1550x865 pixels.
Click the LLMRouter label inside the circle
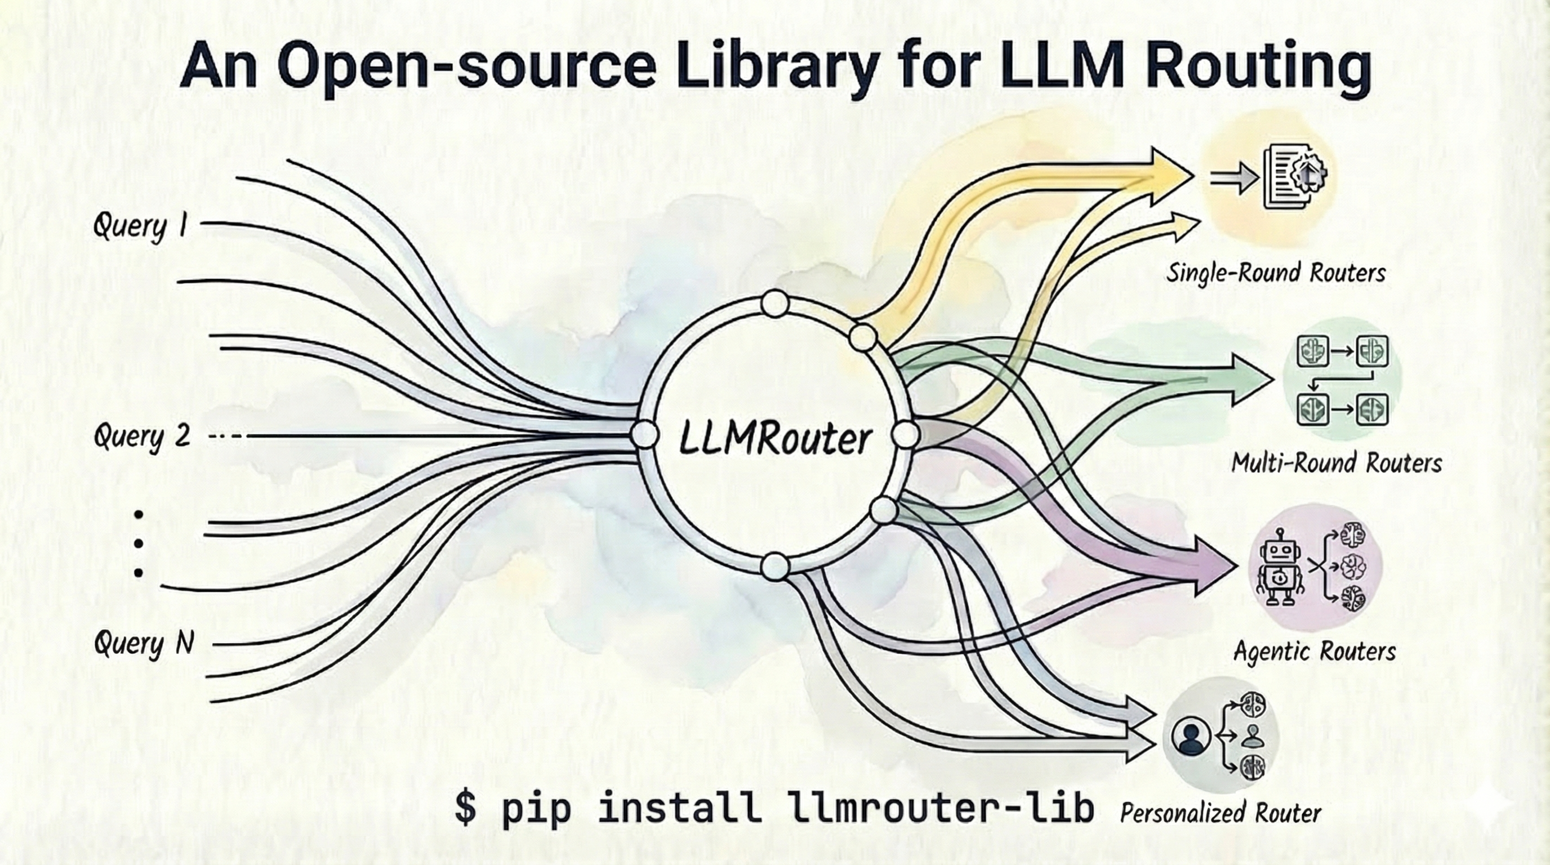click(x=774, y=440)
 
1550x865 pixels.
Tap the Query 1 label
click(x=141, y=226)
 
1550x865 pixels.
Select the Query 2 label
click(x=142, y=435)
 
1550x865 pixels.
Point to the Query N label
click(x=144, y=644)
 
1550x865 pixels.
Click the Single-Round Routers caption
click(x=1276, y=273)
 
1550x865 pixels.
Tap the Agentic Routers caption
click(x=1314, y=652)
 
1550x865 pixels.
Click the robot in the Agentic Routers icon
click(x=1279, y=568)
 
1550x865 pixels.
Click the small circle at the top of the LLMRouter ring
click(x=774, y=304)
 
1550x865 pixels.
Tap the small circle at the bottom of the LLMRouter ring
click(x=775, y=566)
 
